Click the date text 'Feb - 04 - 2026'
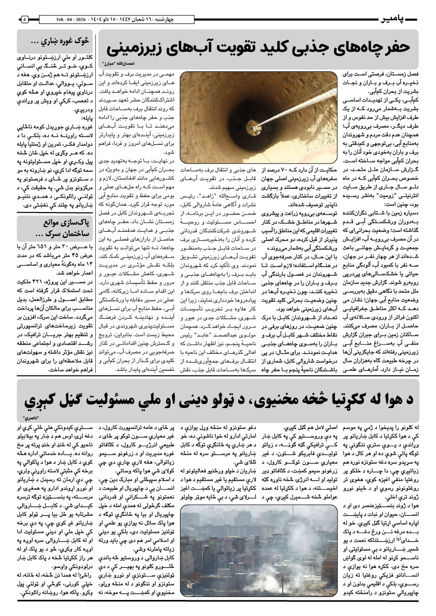tap(73, 20)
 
